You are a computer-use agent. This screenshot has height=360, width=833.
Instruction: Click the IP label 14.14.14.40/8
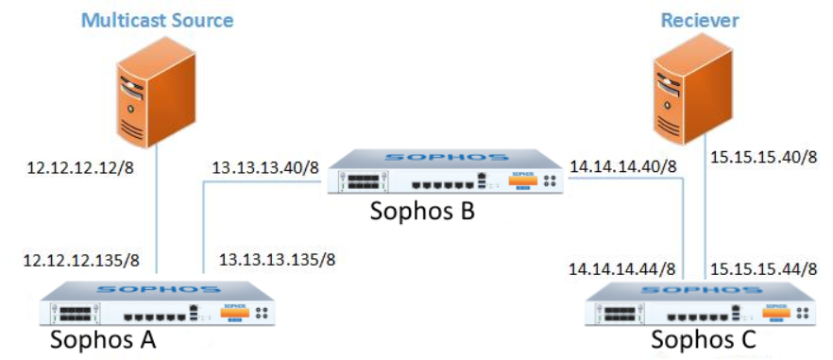tap(624, 166)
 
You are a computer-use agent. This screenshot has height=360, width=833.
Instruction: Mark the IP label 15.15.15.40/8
tap(763, 155)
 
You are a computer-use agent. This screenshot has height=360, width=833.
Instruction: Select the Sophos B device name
tap(422, 212)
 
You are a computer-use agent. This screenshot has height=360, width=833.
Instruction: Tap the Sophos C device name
tap(702, 338)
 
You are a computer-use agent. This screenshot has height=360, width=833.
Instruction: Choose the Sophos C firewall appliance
tap(700, 302)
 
